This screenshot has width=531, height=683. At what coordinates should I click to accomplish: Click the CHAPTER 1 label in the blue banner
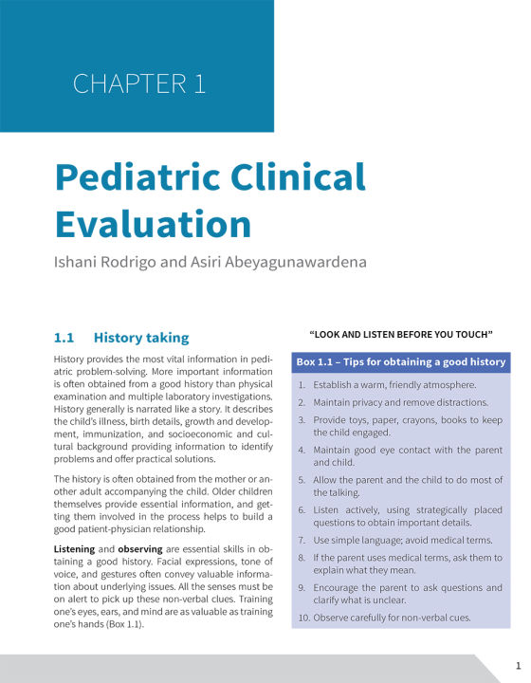(138, 83)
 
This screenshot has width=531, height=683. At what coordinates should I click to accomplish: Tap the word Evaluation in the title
(153, 224)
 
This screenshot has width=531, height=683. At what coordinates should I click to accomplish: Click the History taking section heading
(141, 337)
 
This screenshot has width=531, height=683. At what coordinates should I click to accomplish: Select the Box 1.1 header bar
(401, 362)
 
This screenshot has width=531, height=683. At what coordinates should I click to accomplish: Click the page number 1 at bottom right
(517, 664)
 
